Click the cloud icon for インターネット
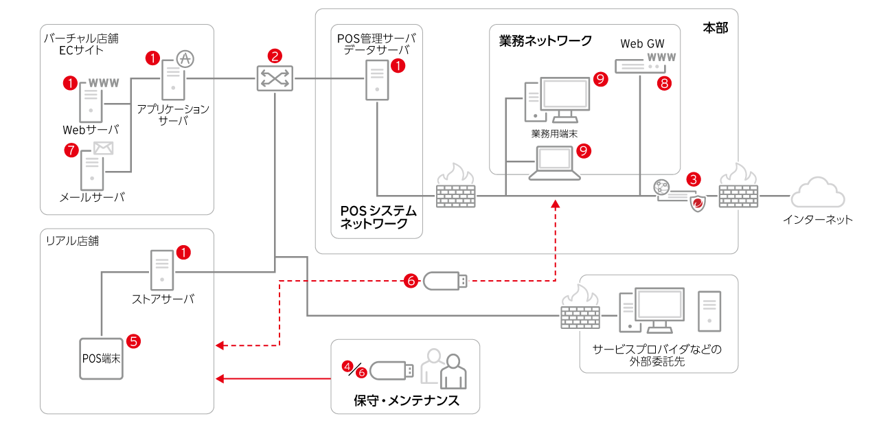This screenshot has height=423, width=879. [x=818, y=194]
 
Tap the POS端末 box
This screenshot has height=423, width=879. [x=102, y=358]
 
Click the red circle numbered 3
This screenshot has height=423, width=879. [x=694, y=179]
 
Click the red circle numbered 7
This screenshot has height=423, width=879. [x=71, y=150]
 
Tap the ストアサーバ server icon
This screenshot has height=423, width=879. [x=162, y=270]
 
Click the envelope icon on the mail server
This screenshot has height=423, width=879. [x=103, y=148]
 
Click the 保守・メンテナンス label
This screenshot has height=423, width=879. [x=406, y=400]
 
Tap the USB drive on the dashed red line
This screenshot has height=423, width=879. [x=445, y=280]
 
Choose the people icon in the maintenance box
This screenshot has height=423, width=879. [x=444, y=368]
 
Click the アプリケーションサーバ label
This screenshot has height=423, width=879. [x=172, y=114]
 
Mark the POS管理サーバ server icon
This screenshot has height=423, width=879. [x=375, y=80]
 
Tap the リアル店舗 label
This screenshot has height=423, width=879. [x=71, y=241]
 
